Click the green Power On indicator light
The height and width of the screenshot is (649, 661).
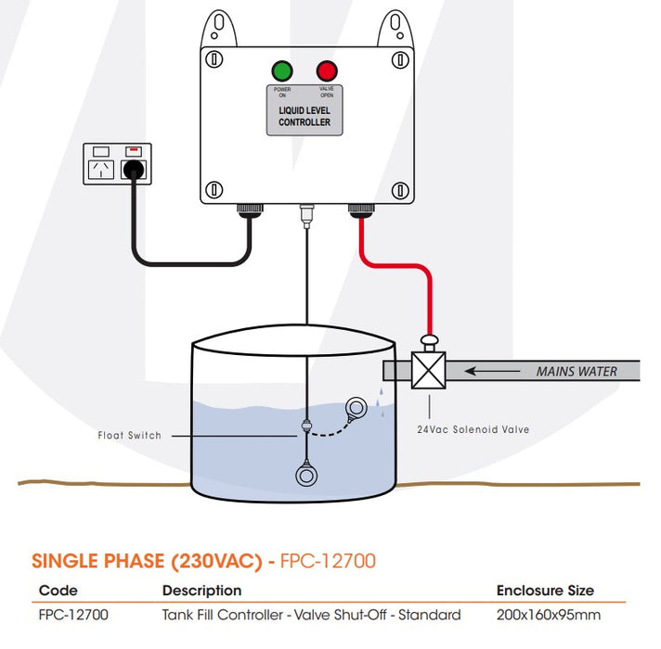(x=282, y=70)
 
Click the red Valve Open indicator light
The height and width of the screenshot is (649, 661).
(x=327, y=70)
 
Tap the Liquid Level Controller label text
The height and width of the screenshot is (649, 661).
(x=305, y=117)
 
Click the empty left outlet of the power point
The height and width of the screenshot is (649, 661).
(x=100, y=170)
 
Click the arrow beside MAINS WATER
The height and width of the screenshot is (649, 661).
(x=492, y=371)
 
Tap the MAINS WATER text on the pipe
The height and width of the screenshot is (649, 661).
(x=576, y=372)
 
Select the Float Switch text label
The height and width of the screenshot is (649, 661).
(x=129, y=435)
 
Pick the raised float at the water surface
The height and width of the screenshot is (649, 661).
(x=356, y=406)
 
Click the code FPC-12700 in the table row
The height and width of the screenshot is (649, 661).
(x=73, y=615)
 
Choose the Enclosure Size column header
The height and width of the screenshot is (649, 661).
(x=544, y=591)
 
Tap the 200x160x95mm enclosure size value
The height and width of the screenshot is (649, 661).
(x=548, y=615)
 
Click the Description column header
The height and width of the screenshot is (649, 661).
(x=201, y=591)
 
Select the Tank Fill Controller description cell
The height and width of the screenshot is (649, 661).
(x=311, y=615)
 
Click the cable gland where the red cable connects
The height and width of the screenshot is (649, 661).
(x=357, y=211)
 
